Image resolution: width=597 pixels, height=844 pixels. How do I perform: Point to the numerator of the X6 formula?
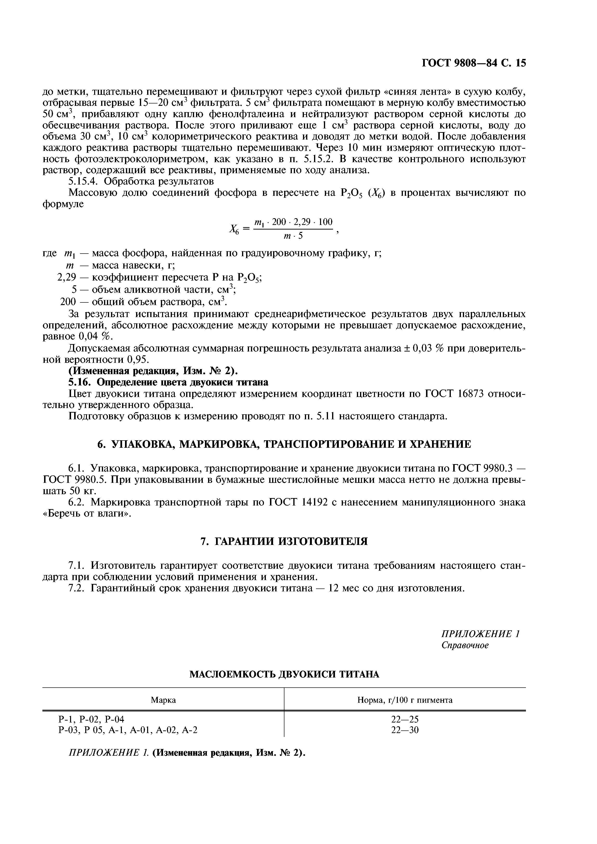pos(293,222)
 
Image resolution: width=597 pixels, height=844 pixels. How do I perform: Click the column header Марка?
pos(163,700)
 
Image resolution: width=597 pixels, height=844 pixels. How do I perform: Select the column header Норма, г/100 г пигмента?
pos(405,700)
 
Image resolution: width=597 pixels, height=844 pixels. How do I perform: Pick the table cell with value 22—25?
pos(405,719)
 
